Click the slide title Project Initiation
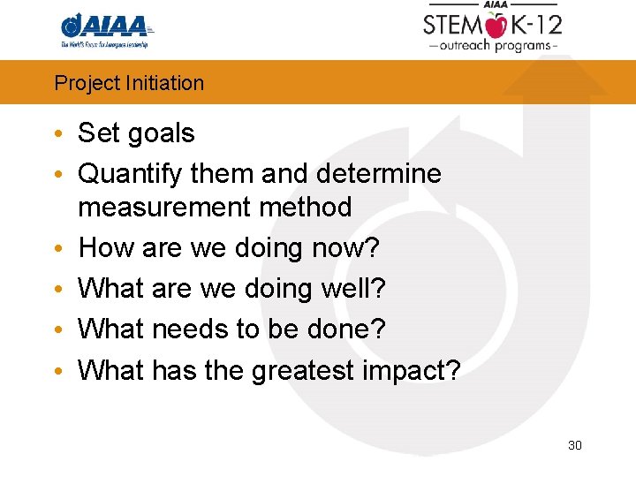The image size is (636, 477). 129,83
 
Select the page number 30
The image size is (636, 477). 574,445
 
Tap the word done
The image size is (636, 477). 344,329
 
